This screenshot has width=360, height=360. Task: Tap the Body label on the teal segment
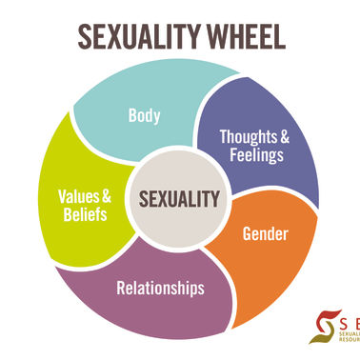[x=144, y=118]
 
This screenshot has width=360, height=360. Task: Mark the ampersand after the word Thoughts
[x=284, y=135]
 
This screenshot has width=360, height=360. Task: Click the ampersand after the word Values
[x=107, y=197]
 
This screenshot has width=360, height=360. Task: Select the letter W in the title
[x=205, y=35]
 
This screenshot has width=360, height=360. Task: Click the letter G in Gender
[x=247, y=231]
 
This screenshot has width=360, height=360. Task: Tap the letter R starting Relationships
[x=121, y=287]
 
